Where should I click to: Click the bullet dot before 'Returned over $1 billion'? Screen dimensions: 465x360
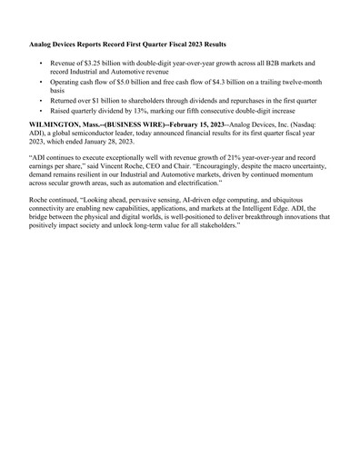pyautogui.click(x=41, y=101)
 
